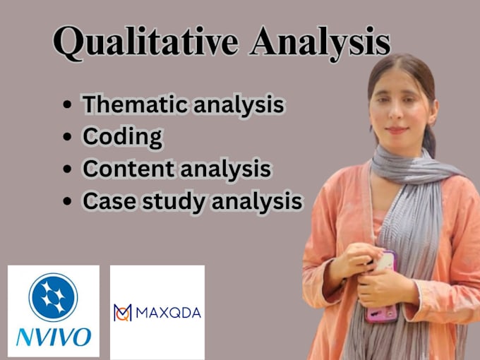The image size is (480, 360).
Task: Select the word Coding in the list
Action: (122, 136)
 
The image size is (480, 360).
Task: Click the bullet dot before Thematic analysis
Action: (67, 105)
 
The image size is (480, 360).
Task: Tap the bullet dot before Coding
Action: (67, 137)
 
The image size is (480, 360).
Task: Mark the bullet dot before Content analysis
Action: (67, 169)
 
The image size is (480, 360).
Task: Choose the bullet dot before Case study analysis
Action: (67, 201)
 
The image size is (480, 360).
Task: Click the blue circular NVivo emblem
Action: (53, 297)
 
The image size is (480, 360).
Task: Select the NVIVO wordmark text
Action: (53, 336)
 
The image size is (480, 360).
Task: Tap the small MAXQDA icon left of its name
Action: (122, 311)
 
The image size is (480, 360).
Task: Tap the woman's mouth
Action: (397, 129)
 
